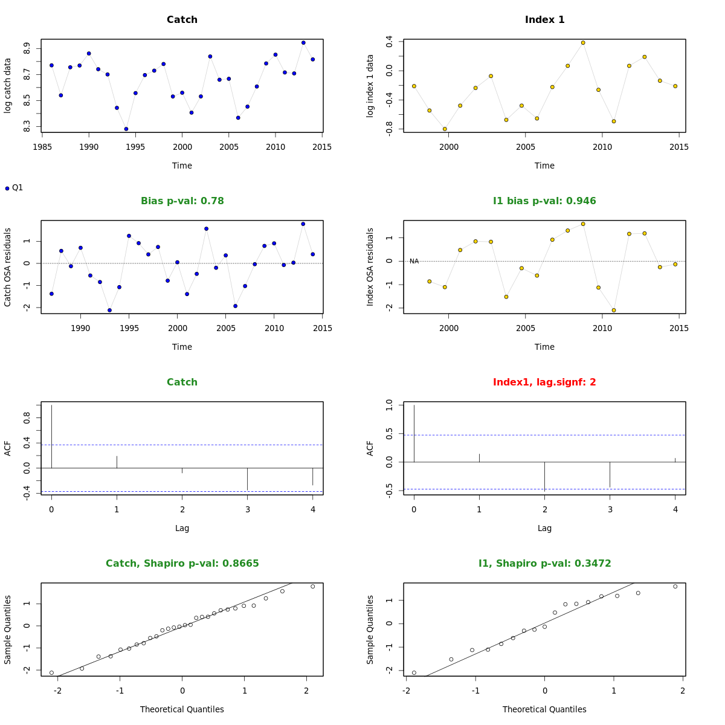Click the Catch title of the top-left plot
(x=182, y=20)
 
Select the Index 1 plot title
(x=544, y=20)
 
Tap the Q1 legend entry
(x=14, y=188)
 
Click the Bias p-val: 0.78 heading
(x=182, y=201)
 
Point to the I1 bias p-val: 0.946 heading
(x=544, y=201)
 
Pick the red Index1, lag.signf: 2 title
(x=544, y=382)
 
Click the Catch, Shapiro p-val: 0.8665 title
(x=182, y=564)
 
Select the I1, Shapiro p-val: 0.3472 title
(x=544, y=564)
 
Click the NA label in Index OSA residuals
(x=414, y=262)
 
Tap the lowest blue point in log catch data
(x=126, y=129)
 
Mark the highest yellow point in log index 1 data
(x=583, y=43)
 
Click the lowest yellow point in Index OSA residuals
(x=614, y=310)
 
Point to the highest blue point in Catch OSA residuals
(x=303, y=224)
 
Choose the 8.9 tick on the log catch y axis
(x=27, y=48)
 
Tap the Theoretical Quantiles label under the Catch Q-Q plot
(x=182, y=709)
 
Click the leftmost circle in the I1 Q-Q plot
(x=414, y=672)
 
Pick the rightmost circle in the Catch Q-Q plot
(x=313, y=587)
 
